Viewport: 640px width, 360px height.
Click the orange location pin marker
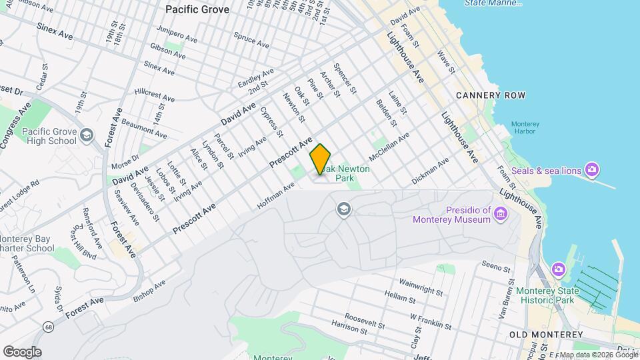(320, 159)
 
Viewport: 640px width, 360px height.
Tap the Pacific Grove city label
(197, 9)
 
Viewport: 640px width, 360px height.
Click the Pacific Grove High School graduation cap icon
(87, 136)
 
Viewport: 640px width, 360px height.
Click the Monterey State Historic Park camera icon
(559, 269)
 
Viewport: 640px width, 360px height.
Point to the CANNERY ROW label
(491, 95)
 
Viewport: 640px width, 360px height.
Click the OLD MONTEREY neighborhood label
(545, 334)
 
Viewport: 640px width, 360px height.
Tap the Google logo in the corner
(22, 351)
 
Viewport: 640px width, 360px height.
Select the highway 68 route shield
(49, 327)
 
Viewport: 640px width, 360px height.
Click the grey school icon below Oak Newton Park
(344, 210)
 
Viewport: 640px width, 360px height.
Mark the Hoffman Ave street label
(276, 197)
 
